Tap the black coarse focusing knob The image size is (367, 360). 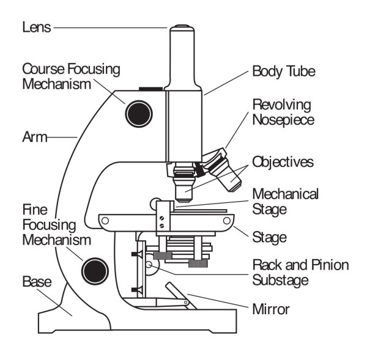(138, 112)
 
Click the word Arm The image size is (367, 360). (33, 137)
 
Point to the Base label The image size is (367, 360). (37, 282)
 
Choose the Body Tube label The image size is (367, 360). (284, 72)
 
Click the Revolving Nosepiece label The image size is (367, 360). (282, 112)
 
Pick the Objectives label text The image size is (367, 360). (283, 163)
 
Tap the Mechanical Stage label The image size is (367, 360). (286, 202)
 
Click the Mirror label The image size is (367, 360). (271, 309)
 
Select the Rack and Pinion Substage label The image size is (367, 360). (300, 273)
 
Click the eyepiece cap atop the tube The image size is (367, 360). (182, 28)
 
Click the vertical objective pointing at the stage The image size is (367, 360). (183, 186)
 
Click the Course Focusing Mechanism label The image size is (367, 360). (71, 76)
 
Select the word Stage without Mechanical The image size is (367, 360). (270, 236)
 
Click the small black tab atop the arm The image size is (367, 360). (151, 90)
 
